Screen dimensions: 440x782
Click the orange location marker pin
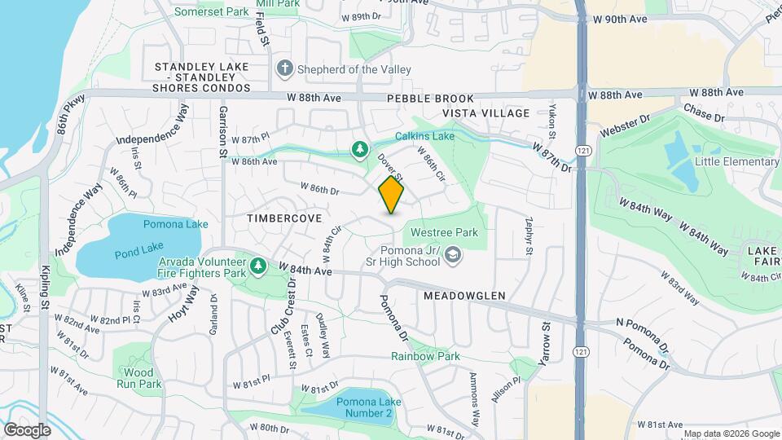pyautogui.click(x=391, y=196)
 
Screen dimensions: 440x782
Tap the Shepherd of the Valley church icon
pyautogui.click(x=284, y=69)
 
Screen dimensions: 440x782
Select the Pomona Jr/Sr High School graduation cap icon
pyautogui.click(x=452, y=257)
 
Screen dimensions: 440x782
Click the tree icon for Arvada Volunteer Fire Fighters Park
pyautogui.click(x=258, y=266)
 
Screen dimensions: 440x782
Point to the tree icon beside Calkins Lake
pyautogui.click(x=358, y=148)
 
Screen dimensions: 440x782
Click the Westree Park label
pyautogui.click(x=444, y=232)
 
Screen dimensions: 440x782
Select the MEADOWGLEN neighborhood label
pyautogui.click(x=464, y=296)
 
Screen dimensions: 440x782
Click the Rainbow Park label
pyautogui.click(x=425, y=356)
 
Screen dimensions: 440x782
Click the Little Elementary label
pyautogui.click(x=736, y=161)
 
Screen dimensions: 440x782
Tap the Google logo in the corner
pyautogui.click(x=27, y=430)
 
